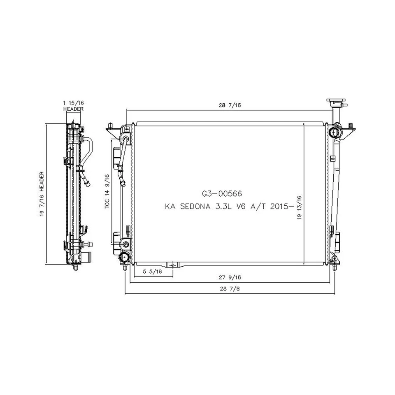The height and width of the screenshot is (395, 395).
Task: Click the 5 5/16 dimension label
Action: (152, 272)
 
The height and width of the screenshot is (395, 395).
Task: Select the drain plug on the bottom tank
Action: (173, 264)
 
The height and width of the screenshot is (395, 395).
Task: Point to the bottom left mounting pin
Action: (125, 267)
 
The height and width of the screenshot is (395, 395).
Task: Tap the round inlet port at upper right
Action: (335, 132)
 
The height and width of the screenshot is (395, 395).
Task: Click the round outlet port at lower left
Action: (125, 258)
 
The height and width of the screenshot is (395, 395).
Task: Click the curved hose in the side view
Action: (88, 152)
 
